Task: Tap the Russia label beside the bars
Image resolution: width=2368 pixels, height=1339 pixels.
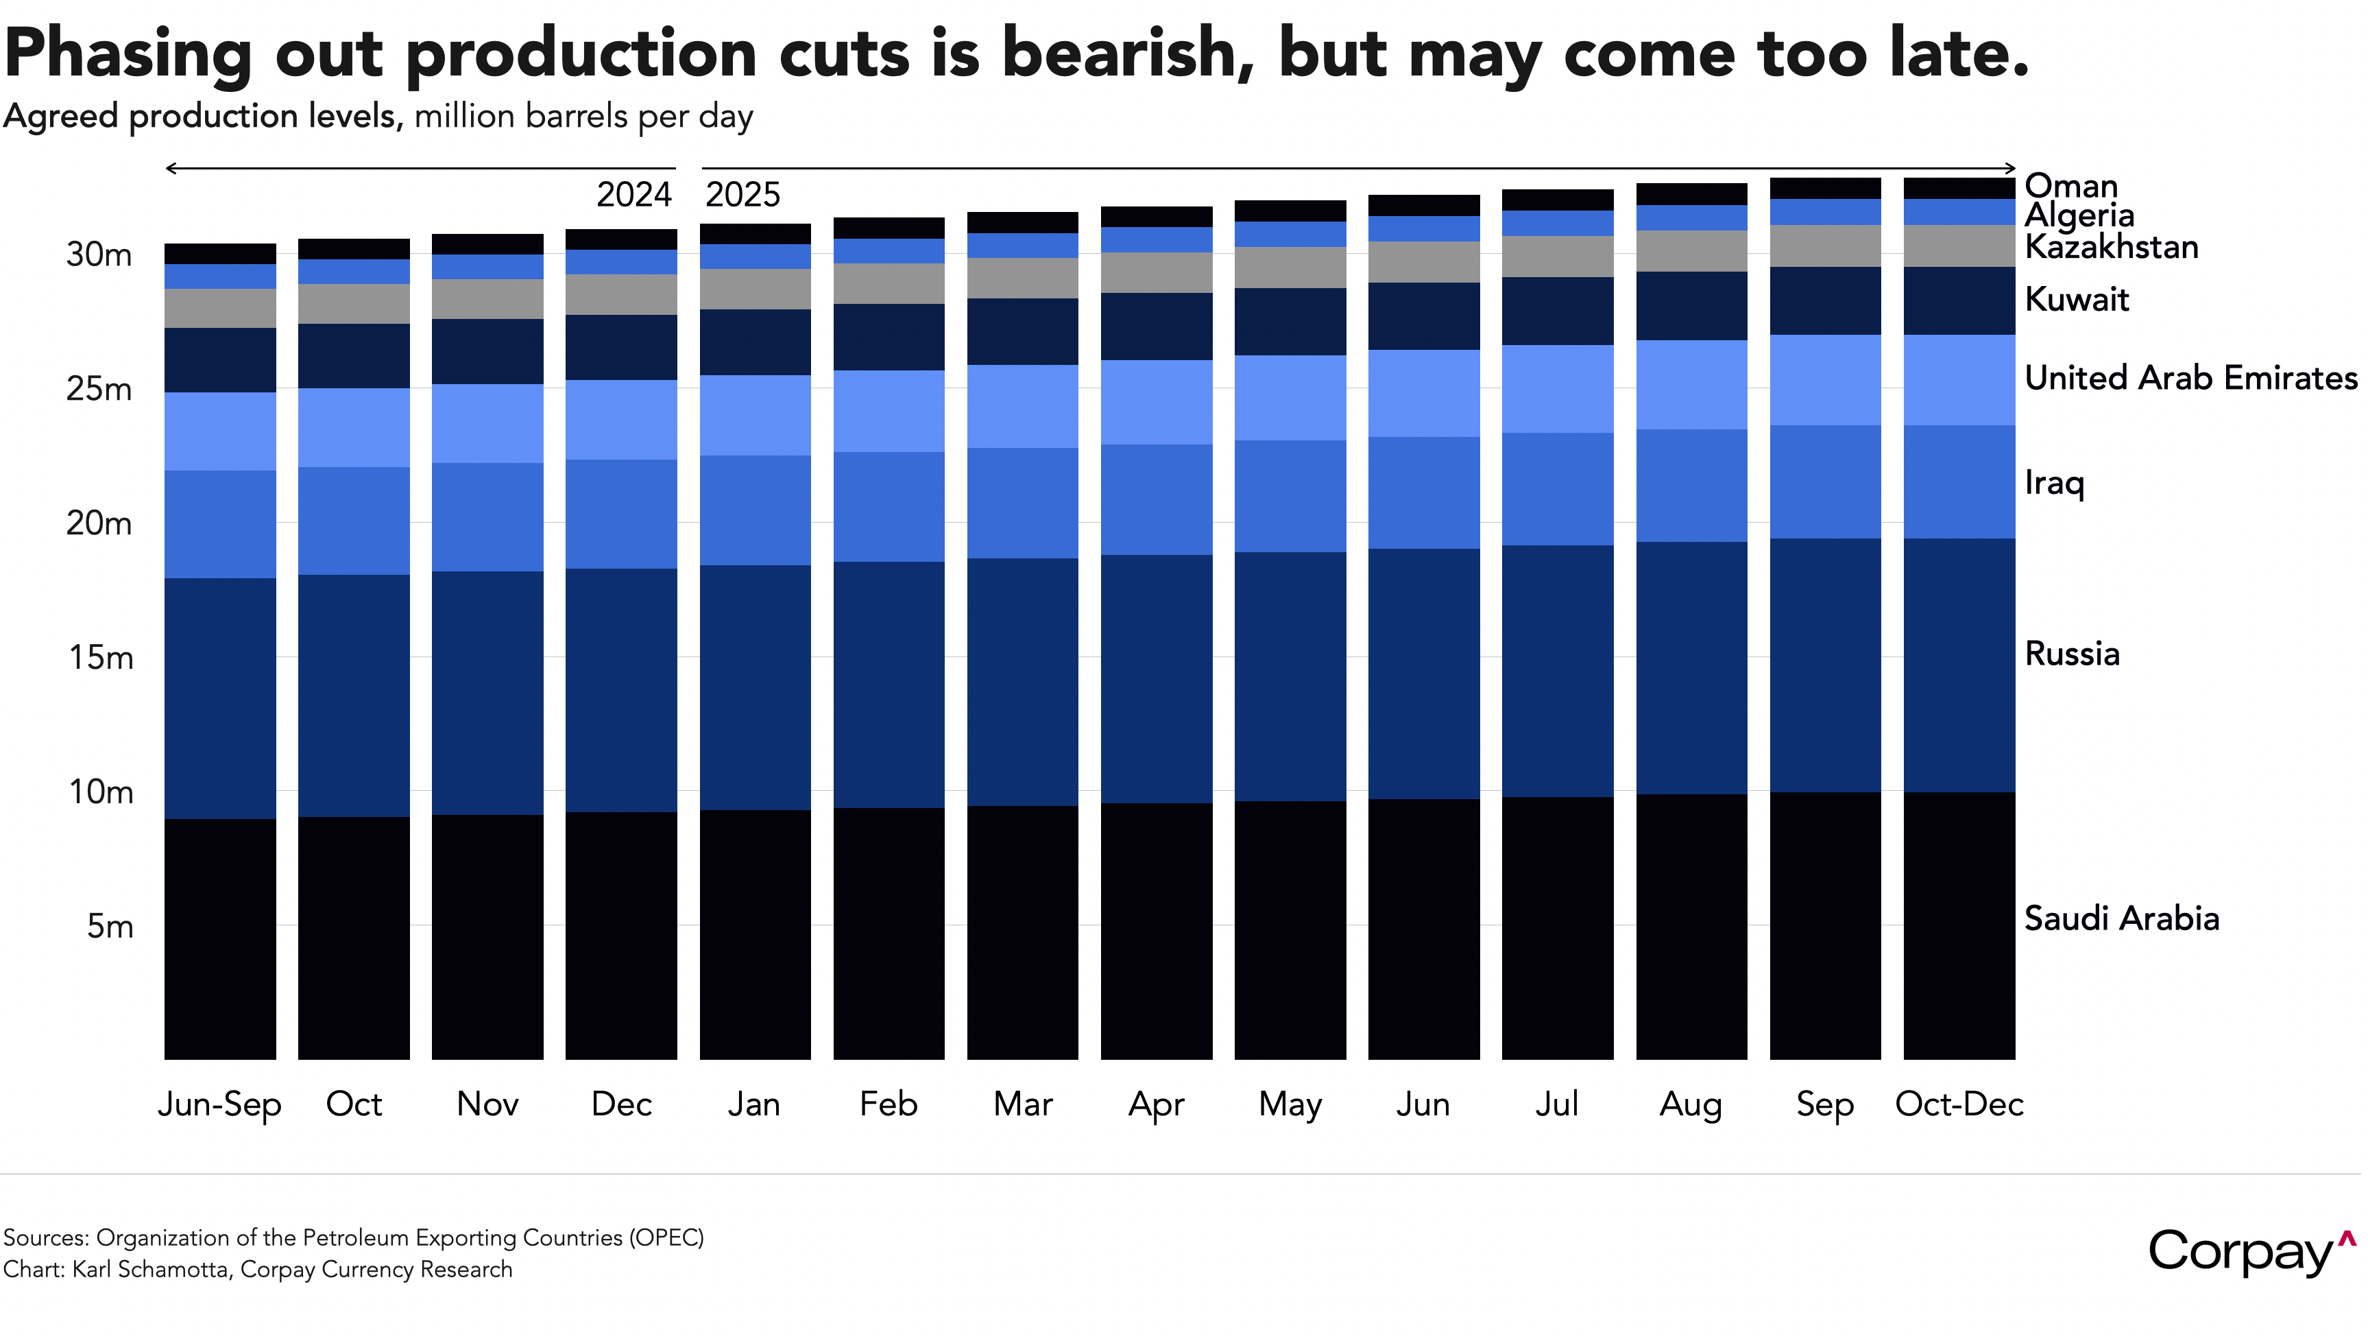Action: (x=2072, y=654)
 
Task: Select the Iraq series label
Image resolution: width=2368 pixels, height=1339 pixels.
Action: (x=2053, y=483)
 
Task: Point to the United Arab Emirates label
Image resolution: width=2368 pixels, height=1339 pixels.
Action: (x=2190, y=378)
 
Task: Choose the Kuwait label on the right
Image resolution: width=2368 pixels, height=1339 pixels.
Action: (x=2077, y=300)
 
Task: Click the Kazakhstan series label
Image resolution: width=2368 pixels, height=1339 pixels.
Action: (x=2111, y=248)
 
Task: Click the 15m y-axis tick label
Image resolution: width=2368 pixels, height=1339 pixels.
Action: (x=101, y=658)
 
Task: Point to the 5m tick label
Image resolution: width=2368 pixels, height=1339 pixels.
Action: (x=110, y=926)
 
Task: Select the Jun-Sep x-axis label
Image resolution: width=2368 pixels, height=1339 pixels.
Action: (x=219, y=1104)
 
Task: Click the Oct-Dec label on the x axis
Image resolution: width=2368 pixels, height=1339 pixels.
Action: (x=1959, y=1104)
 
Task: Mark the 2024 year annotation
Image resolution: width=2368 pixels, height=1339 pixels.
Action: (x=634, y=195)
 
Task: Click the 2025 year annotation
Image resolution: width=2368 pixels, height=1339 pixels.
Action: (x=742, y=195)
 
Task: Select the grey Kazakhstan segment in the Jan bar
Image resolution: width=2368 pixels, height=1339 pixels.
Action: (x=755, y=289)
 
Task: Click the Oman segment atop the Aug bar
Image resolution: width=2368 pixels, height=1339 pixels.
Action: (x=1691, y=194)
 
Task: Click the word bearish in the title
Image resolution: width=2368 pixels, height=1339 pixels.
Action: (x=1128, y=54)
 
